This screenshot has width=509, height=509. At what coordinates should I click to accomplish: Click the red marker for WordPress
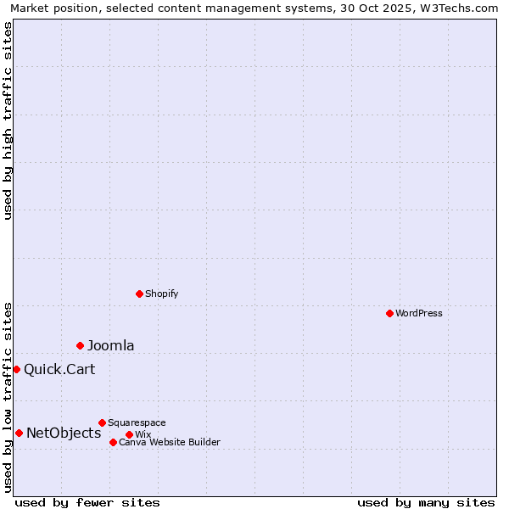tap(389, 313)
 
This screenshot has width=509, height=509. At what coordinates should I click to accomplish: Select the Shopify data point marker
tap(139, 294)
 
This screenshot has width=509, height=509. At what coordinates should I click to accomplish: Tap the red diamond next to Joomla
tap(80, 345)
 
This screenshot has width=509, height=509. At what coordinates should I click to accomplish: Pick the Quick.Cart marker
tap(16, 369)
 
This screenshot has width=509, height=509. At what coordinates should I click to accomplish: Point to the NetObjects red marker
tap(19, 433)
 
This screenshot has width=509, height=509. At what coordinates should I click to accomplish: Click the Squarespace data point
tap(102, 422)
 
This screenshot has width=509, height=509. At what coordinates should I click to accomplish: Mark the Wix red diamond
tap(129, 434)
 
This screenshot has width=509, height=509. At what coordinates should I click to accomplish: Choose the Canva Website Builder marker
tap(113, 442)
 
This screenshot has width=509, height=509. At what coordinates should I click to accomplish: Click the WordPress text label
tap(419, 313)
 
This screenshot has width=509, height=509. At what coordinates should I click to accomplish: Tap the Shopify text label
tap(161, 294)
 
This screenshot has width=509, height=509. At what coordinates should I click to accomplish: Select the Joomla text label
tap(111, 345)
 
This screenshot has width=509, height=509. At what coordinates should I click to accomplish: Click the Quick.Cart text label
tap(59, 369)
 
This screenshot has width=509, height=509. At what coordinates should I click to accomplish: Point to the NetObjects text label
tap(64, 433)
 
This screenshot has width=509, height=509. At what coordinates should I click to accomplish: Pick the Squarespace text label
tap(137, 422)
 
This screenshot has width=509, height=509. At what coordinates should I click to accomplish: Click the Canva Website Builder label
tap(170, 442)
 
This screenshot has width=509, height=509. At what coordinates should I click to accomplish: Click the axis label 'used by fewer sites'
tap(87, 502)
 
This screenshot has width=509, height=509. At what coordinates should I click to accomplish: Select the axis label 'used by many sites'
tap(426, 502)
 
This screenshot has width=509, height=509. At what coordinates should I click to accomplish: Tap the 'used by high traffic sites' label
tap(8, 120)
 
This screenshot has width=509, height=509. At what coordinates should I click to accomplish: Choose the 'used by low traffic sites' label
tap(8, 397)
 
